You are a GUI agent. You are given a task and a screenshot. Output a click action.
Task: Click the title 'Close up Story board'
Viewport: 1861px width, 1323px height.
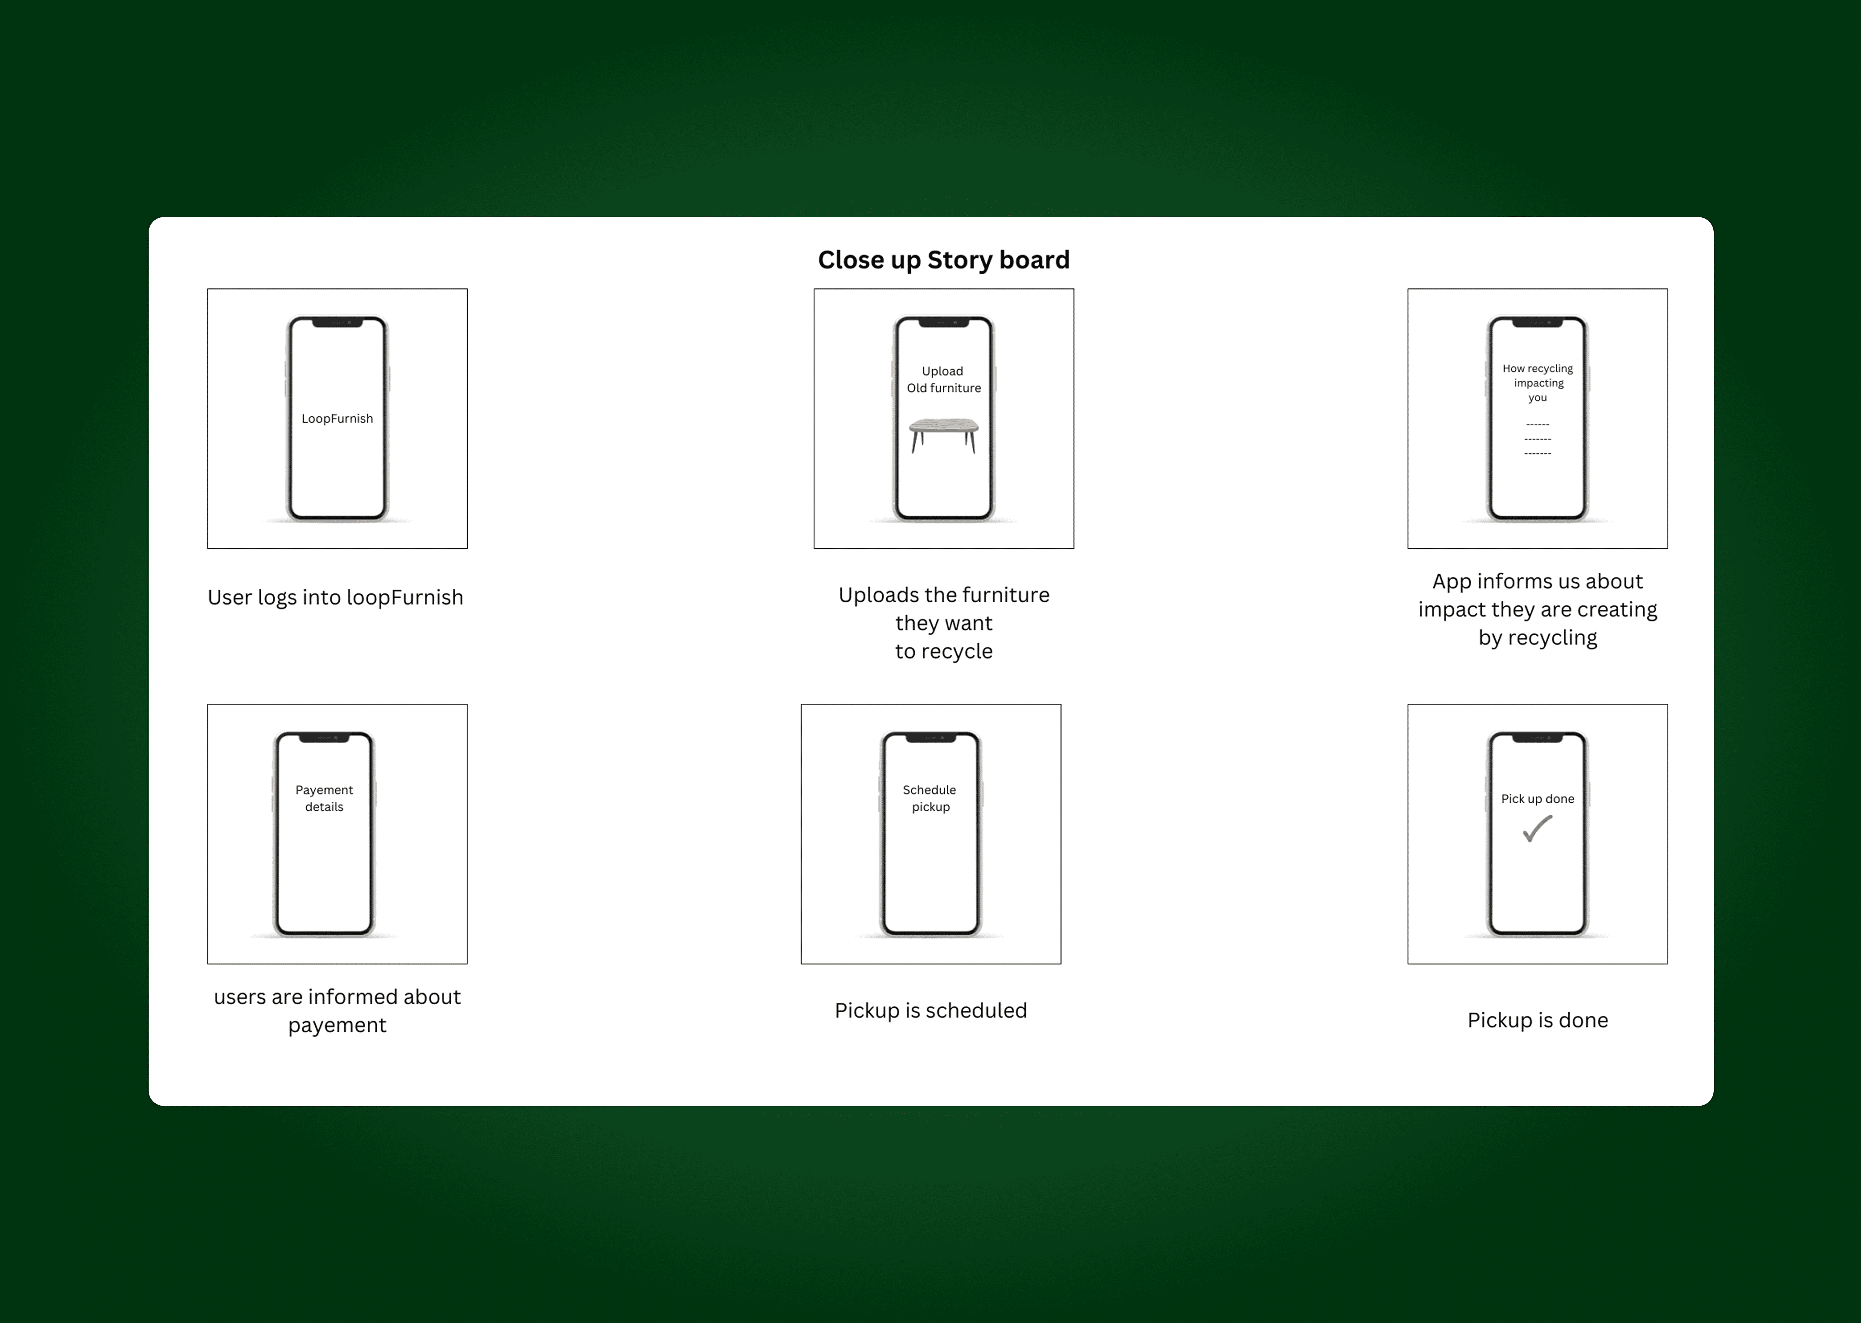click(943, 260)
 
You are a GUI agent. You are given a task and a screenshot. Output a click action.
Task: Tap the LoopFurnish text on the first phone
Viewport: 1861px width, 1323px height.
click(337, 419)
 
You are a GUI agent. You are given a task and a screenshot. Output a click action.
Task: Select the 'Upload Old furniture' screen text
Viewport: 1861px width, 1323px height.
click(943, 380)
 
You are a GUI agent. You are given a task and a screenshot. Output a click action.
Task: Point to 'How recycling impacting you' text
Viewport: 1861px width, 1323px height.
click(1538, 383)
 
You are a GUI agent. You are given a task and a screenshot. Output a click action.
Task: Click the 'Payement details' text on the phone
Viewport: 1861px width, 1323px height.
click(324, 798)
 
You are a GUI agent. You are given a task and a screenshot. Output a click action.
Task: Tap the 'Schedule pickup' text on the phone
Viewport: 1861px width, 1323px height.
click(930, 798)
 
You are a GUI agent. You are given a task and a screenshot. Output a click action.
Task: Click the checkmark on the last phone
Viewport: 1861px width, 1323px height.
click(1538, 828)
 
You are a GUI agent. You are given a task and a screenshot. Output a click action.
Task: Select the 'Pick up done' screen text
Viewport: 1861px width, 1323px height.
click(1538, 799)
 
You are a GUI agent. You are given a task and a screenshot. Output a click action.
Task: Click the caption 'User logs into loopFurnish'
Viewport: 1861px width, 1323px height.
click(336, 598)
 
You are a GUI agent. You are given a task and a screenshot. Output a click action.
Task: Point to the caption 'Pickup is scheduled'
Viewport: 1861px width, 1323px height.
click(930, 1011)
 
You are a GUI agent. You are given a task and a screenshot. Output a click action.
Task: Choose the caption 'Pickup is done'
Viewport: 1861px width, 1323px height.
click(1538, 1021)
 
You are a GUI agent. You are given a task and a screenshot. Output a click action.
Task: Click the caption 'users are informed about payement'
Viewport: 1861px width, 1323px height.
click(337, 1011)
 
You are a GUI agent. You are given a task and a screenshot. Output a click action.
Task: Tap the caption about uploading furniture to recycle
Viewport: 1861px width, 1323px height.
click(943, 623)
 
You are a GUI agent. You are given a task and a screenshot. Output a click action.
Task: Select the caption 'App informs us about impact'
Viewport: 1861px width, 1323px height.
click(1538, 609)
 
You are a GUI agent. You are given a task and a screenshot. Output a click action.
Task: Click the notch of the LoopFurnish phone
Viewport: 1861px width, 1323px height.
click(337, 323)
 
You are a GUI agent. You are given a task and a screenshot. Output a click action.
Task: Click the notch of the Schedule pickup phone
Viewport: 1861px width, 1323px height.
click(930, 738)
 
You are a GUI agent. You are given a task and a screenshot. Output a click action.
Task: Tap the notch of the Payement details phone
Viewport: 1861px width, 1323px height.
click(324, 738)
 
